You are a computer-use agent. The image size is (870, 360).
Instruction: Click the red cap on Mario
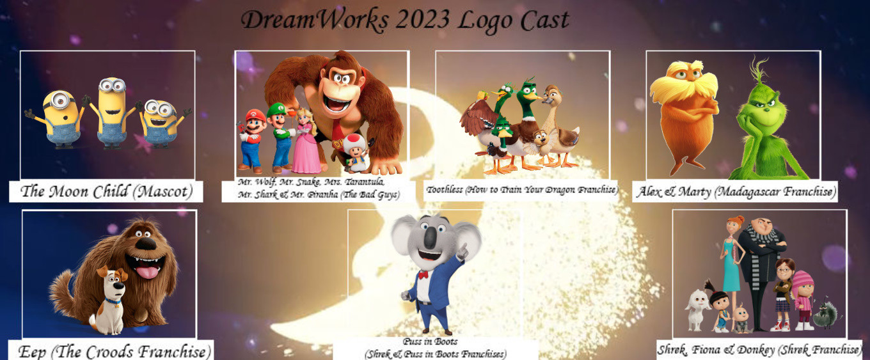pos(256,115)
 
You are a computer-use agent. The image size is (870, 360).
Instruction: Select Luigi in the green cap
pos(281,138)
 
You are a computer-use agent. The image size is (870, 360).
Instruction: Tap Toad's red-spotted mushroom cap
pos(354,142)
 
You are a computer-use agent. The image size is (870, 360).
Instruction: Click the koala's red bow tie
pos(423,274)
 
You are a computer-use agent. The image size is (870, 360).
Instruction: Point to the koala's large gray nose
pos(430,237)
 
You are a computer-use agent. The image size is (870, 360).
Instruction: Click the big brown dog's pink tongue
pos(147,272)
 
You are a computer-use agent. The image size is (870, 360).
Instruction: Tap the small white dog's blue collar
pos(113,302)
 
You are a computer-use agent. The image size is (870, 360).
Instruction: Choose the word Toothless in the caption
pos(445,190)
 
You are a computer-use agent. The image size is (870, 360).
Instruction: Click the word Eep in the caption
pos(32,352)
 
